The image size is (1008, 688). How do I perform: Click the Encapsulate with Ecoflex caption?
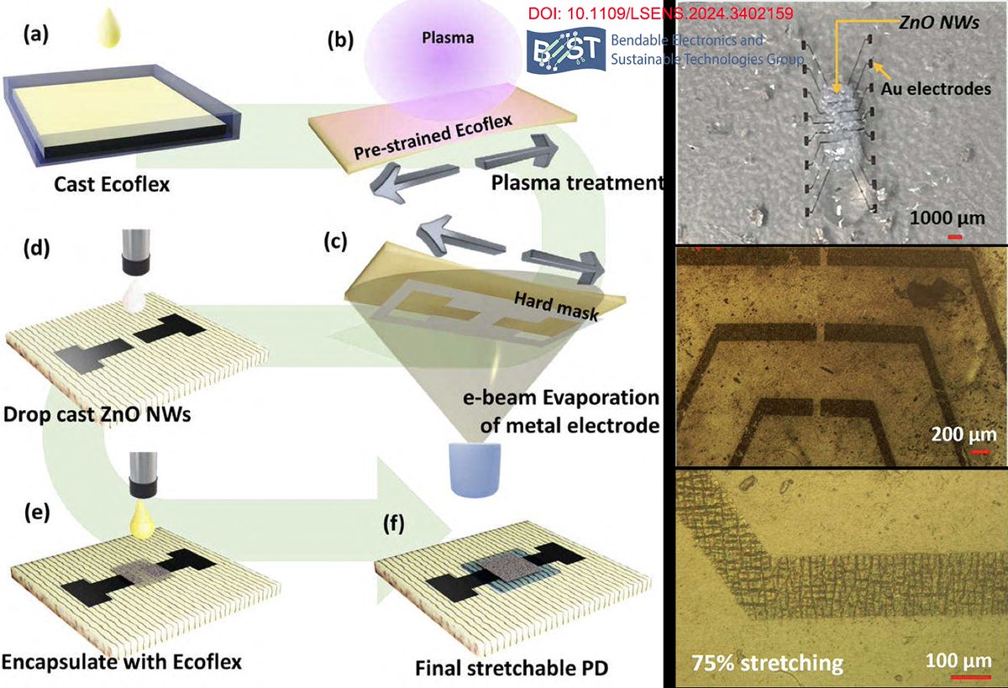122,662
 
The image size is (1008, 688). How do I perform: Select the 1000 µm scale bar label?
946,218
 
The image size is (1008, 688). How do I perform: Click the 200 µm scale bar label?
963,434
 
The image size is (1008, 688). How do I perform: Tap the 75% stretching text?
767,663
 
